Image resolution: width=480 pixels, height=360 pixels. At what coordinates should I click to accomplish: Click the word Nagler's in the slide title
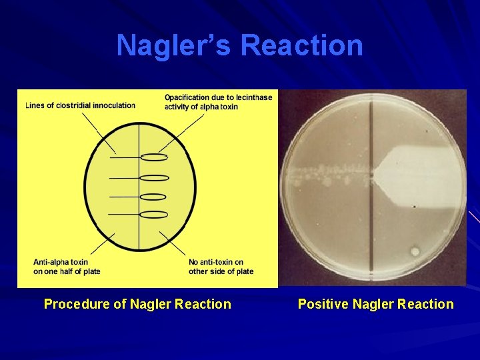[175, 46]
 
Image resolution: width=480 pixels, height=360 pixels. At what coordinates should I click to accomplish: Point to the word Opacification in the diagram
[187, 97]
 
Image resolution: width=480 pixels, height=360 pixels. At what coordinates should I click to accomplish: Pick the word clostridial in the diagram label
[74, 105]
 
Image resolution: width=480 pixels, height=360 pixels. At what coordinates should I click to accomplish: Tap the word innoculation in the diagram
[114, 105]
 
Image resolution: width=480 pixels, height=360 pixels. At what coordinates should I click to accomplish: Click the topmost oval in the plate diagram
[154, 157]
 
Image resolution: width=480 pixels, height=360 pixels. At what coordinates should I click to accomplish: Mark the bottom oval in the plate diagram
[154, 215]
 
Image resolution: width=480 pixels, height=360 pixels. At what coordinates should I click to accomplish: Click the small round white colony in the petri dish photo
[415, 251]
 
